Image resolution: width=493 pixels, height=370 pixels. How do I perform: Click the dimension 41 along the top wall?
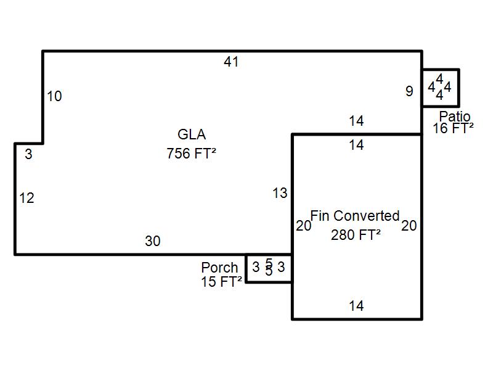(x=231, y=62)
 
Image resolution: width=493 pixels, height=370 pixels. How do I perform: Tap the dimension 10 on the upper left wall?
(x=54, y=96)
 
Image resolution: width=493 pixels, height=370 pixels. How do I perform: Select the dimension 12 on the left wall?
(x=26, y=199)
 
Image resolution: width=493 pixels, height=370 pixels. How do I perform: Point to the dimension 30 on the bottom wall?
(x=152, y=242)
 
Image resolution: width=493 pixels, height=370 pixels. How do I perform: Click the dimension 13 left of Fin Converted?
(x=280, y=194)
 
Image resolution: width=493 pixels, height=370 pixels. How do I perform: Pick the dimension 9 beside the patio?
(x=409, y=92)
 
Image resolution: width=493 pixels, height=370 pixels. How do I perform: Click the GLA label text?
(x=192, y=135)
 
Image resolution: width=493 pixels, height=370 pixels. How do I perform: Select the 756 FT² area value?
(x=191, y=154)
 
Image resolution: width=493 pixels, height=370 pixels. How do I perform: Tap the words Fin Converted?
(x=355, y=216)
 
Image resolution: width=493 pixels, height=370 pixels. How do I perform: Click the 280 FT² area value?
(x=356, y=235)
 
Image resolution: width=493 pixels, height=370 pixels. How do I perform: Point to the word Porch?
(x=219, y=268)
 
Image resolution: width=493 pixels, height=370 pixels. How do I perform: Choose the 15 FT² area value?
(x=221, y=282)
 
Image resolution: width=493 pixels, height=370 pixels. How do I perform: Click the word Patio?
(x=455, y=117)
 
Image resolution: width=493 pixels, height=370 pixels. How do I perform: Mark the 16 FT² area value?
(x=453, y=129)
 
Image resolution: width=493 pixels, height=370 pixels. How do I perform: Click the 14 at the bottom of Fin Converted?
(x=356, y=306)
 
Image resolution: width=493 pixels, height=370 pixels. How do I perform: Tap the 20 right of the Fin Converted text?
(x=409, y=226)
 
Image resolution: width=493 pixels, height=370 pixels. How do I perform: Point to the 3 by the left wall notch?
(x=28, y=155)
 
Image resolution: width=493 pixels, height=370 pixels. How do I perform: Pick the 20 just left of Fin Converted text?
(x=303, y=226)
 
